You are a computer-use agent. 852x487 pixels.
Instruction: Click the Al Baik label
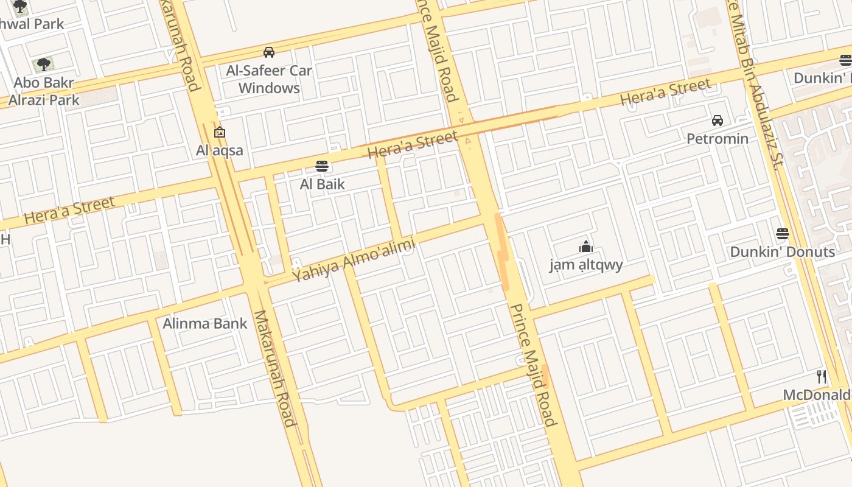coord(322,184)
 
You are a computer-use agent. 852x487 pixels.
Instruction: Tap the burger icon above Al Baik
coord(322,166)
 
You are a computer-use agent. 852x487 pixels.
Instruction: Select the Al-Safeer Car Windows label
coord(269,79)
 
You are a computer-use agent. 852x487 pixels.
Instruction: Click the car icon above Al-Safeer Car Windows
coord(268,52)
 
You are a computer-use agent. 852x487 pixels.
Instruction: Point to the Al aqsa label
coord(220,150)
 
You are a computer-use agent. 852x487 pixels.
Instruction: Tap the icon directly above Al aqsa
coord(220,132)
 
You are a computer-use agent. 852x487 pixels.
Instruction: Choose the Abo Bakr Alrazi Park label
coord(44,91)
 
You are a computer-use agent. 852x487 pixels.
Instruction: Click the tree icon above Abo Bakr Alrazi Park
coord(43,64)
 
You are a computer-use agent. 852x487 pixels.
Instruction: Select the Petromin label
coord(718,139)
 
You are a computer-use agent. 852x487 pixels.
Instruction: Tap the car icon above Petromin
coord(718,121)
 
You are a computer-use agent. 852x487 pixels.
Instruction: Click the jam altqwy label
coord(586,265)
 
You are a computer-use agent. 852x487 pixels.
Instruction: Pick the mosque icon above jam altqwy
coord(586,247)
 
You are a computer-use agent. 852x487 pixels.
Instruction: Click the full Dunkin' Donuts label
coord(782,251)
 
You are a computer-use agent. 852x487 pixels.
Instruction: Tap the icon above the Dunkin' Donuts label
coord(783,234)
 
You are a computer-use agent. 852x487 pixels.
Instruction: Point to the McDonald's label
coord(817,394)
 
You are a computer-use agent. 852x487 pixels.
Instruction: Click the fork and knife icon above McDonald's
coord(822,377)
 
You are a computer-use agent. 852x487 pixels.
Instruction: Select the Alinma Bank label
coord(205,323)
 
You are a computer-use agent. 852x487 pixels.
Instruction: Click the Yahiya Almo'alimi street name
coord(354,260)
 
